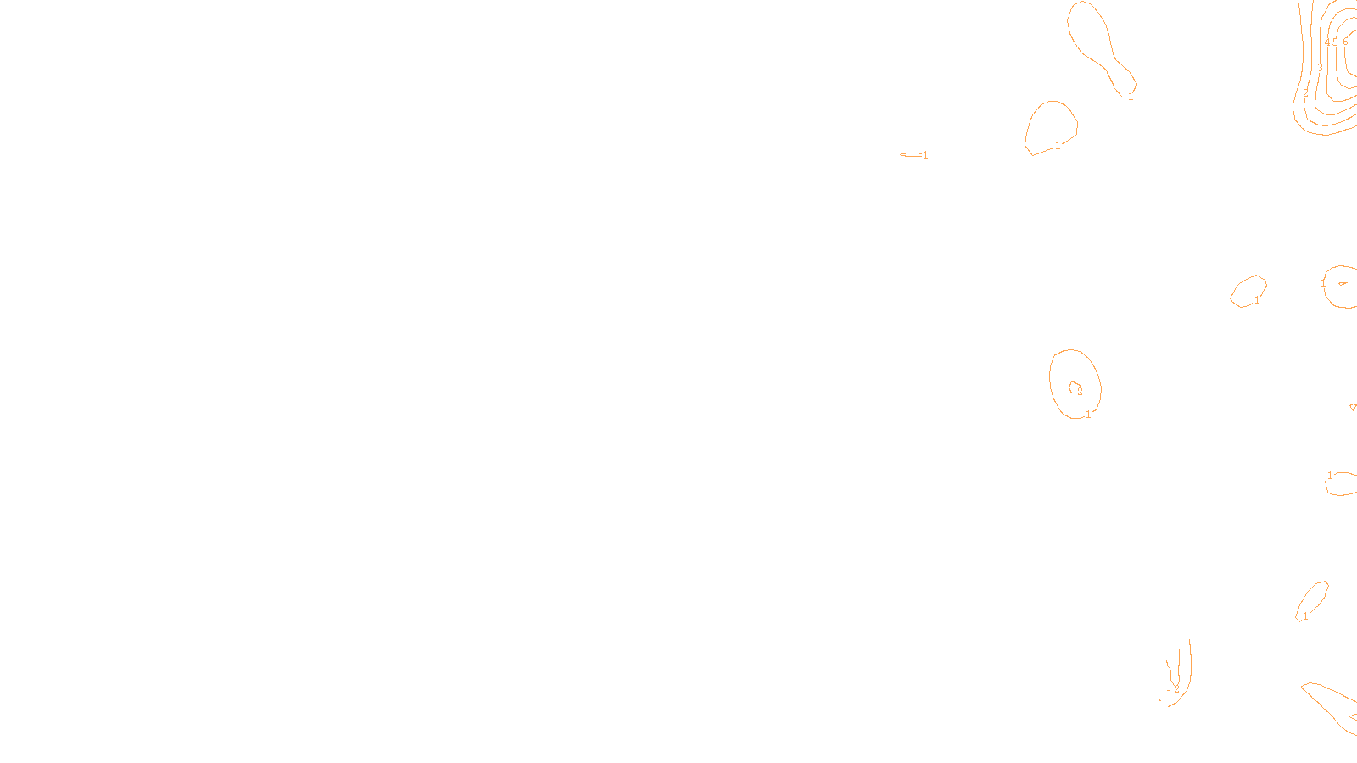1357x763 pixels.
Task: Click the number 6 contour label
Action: pyautogui.click(x=1345, y=42)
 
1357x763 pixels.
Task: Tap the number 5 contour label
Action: pyautogui.click(x=1335, y=42)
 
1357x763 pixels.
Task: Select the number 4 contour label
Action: pyautogui.click(x=1326, y=42)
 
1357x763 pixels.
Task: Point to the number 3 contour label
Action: pyautogui.click(x=1320, y=68)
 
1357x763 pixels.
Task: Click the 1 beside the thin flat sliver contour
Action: pyautogui.click(x=925, y=155)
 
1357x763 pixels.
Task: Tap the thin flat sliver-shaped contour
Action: pyautogui.click(x=911, y=154)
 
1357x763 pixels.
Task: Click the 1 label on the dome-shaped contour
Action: pyautogui.click(x=1058, y=146)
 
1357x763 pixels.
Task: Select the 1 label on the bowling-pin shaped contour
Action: pyautogui.click(x=1131, y=97)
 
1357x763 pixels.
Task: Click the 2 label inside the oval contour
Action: pyautogui.click(x=1080, y=392)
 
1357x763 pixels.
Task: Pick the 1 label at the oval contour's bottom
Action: pyautogui.click(x=1088, y=415)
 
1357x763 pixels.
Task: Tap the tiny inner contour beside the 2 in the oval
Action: pyautogui.click(x=1074, y=387)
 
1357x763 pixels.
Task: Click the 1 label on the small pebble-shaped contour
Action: pyautogui.click(x=1257, y=300)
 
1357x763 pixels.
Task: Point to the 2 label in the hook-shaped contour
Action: pyautogui.click(x=1176, y=689)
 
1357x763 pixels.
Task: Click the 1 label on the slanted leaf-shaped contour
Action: pyautogui.click(x=1305, y=616)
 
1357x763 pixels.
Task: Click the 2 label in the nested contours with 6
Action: pyautogui.click(x=1306, y=92)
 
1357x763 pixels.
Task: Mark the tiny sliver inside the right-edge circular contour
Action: pyautogui.click(x=1343, y=283)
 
